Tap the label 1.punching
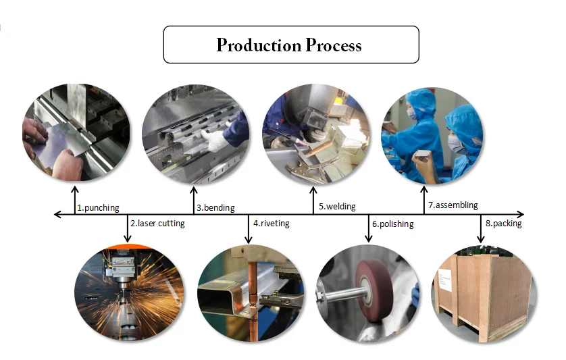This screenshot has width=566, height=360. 99,207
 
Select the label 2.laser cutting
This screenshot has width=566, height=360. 157,224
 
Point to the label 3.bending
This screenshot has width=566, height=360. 214,207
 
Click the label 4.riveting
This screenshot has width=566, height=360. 271,224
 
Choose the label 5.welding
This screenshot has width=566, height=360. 337,207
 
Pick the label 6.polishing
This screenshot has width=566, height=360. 392,224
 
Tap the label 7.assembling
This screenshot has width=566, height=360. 453,205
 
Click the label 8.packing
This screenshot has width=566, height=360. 503,224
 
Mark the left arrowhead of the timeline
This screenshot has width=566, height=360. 57,215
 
